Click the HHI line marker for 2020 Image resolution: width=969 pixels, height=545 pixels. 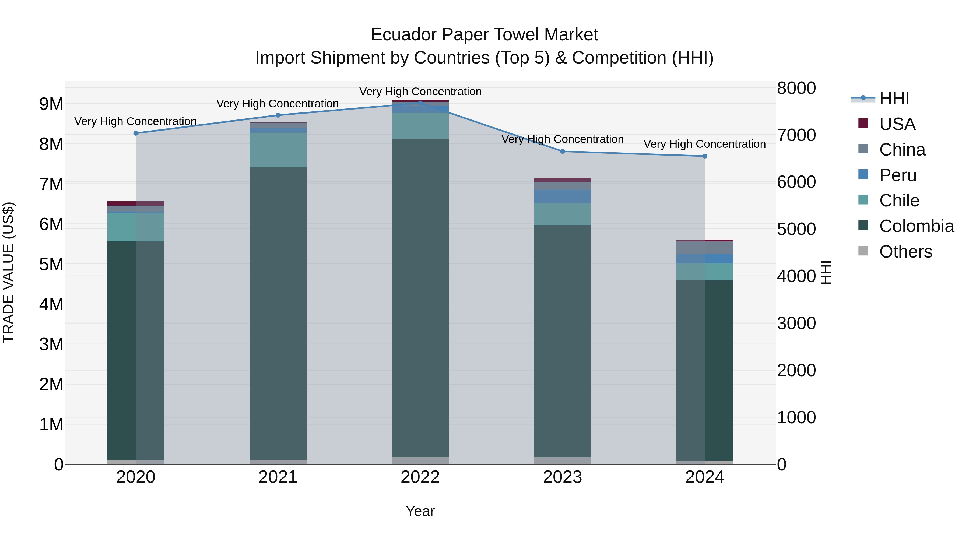click(136, 133)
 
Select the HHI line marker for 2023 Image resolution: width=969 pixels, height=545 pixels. click(562, 152)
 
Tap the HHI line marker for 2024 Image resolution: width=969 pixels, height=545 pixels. click(705, 156)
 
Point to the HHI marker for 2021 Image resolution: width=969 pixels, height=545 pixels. click(278, 115)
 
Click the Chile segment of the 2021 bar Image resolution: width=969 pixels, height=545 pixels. click(278, 150)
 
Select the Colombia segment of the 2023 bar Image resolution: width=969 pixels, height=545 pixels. click(562, 340)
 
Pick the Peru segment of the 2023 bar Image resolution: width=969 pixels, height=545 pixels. click(562, 197)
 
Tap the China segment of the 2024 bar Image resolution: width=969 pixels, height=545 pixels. click(705, 248)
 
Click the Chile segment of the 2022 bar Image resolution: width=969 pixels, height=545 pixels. click(420, 126)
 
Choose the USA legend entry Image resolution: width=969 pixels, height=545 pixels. click(897, 124)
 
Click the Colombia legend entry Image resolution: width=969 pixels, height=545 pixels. click(916, 226)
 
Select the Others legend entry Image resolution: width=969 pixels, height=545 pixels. click(905, 252)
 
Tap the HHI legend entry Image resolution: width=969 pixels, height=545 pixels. click(894, 99)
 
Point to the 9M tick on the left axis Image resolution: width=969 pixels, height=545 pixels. click(51, 104)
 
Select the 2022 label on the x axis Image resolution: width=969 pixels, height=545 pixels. click(420, 477)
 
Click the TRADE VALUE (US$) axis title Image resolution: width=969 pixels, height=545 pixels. click(9, 272)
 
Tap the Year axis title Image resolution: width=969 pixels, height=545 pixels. click(420, 511)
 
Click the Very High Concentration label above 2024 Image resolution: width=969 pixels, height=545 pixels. click(705, 144)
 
